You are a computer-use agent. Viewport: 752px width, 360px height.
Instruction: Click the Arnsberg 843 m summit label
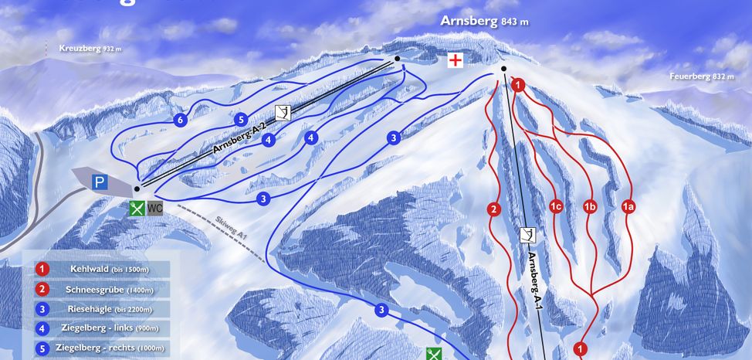click(484, 21)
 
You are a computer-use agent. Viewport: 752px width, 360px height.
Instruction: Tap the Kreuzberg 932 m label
click(90, 49)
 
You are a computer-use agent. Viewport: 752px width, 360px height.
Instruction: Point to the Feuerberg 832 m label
click(702, 76)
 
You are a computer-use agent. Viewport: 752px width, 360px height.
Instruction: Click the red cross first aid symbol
click(458, 60)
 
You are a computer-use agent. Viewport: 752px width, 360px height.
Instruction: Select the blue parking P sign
click(99, 182)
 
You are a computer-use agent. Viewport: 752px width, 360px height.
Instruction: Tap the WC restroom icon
click(155, 208)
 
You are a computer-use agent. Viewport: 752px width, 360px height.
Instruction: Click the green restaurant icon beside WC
click(137, 208)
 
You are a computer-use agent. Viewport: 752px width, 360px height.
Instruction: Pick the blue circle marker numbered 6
click(180, 121)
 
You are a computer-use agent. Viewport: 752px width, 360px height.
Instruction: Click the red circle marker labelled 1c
click(555, 206)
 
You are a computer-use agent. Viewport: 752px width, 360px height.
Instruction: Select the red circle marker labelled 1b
click(591, 206)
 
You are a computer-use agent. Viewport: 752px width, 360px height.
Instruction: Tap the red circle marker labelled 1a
click(628, 206)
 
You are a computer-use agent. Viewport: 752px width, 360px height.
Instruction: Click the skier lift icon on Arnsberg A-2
click(283, 113)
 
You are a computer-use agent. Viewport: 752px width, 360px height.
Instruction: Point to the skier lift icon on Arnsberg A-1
click(528, 235)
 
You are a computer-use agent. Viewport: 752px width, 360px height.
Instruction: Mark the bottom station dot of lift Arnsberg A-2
click(137, 188)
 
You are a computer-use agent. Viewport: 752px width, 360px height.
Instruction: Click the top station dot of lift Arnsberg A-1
click(503, 69)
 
